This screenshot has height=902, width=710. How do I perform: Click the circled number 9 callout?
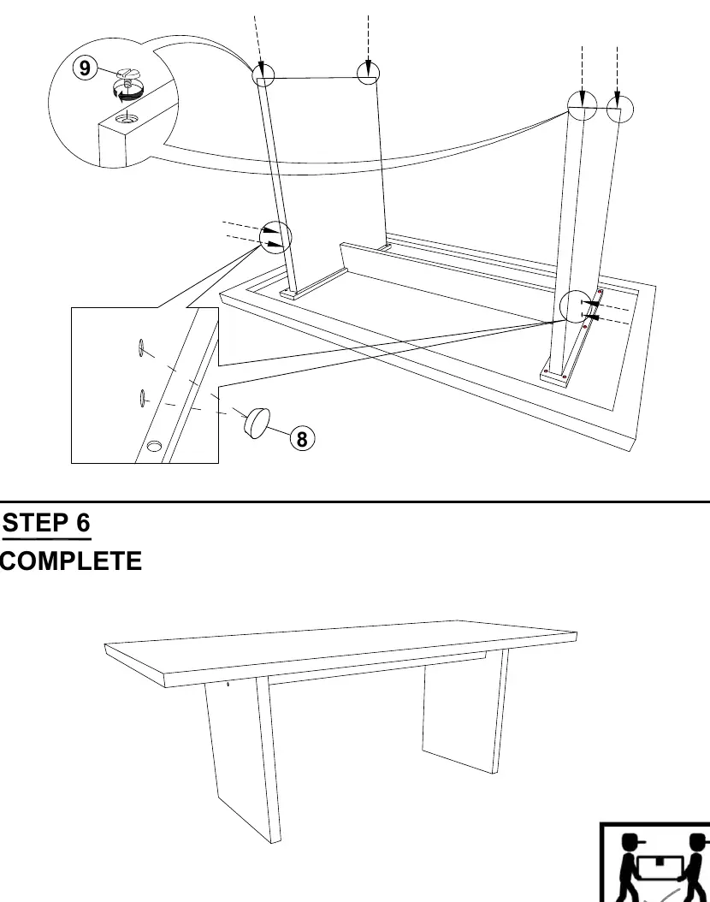click(85, 68)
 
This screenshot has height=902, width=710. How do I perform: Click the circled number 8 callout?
click(303, 439)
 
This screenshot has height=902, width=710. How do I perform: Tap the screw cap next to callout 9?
click(127, 74)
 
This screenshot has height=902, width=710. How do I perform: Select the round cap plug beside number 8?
click(257, 422)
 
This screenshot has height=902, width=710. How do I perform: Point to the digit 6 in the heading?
click(83, 523)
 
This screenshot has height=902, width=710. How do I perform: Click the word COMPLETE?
click(70, 561)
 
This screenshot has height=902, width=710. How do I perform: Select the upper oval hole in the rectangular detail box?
click(141, 348)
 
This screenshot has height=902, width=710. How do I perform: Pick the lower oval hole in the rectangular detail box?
click(141, 397)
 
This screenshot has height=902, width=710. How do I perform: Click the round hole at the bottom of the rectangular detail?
click(155, 446)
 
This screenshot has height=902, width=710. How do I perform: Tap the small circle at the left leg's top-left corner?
click(263, 74)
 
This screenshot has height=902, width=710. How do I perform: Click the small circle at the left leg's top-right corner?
click(369, 73)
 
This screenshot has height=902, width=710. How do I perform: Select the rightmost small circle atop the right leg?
click(619, 110)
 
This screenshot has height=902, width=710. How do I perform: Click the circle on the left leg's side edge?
click(276, 237)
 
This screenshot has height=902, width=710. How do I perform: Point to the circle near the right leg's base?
click(576, 306)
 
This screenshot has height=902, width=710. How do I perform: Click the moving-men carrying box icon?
click(655, 863)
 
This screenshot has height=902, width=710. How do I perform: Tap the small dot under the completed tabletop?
click(228, 684)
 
